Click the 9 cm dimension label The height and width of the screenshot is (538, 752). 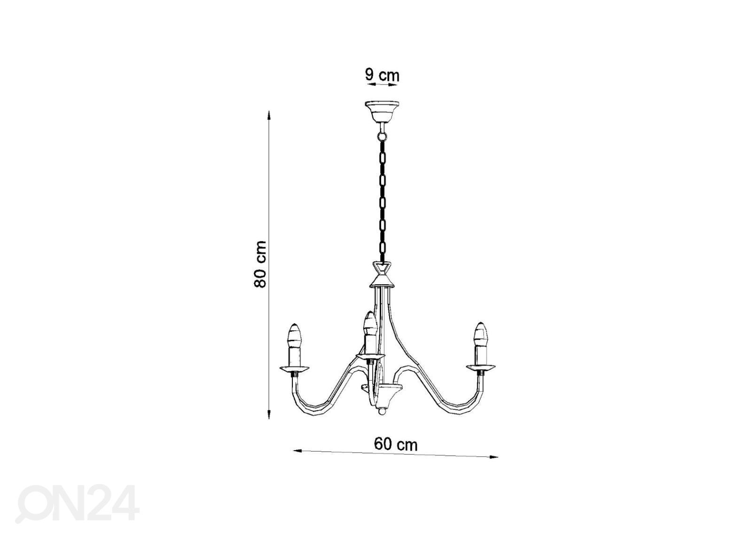click(x=382, y=75)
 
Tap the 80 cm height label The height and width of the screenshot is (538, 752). click(x=260, y=265)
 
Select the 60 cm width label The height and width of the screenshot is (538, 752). click(x=396, y=444)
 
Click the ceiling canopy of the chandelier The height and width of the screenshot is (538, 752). click(x=383, y=112)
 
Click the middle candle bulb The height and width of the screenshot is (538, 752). click(x=369, y=324)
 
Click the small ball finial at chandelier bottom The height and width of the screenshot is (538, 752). click(x=381, y=420)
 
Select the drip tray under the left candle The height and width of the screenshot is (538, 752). click(x=294, y=368)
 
